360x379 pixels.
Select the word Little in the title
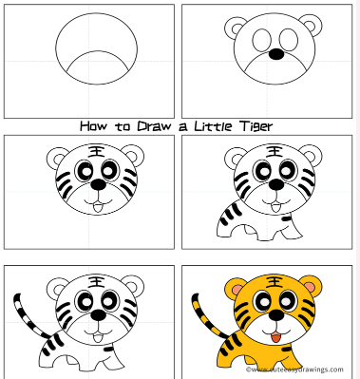[224, 124]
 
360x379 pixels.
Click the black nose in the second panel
[275, 54]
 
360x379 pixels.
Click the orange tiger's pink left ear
[232, 287]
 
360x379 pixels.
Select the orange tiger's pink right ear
[311, 282]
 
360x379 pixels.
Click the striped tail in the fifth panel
[23, 318]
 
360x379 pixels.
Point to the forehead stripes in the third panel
[96, 152]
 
